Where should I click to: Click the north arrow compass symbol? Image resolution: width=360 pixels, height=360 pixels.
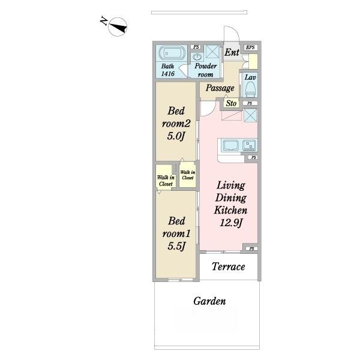coord(118,27)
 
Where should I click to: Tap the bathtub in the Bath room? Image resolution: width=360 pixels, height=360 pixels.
coord(171,53)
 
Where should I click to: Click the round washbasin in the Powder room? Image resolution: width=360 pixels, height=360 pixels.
coord(197,56)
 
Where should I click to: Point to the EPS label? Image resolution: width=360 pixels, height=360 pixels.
coord(250,47)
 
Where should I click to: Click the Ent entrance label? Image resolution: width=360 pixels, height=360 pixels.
coord(232,52)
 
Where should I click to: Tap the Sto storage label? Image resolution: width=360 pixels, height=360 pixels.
coord(231,103)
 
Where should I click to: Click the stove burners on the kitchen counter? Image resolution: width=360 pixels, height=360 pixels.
coord(249,145)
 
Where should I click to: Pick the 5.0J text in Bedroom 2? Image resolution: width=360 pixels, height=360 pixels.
coord(176,136)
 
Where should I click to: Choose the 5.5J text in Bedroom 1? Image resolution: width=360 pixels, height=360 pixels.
coord(176,246)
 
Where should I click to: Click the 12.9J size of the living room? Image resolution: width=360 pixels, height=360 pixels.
coord(231,223)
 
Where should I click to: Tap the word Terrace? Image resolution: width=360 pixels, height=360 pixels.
coord(228,266)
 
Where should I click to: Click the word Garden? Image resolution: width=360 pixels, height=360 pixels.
coord(209,301)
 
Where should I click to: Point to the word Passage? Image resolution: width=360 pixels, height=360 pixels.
coord(220,88)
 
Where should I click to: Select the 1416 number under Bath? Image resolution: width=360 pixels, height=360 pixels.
coord(168,74)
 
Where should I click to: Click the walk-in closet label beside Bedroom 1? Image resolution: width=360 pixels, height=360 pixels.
coord(166,181)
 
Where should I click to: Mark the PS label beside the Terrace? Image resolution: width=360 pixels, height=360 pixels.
coord(251,248)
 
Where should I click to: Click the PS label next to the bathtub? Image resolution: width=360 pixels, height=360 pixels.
coord(196,47)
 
